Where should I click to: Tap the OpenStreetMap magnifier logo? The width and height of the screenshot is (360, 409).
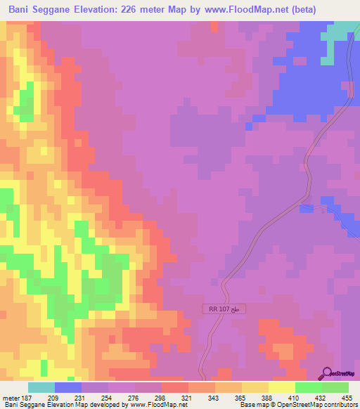(328, 373)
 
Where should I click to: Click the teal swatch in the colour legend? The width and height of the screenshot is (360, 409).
(41, 387)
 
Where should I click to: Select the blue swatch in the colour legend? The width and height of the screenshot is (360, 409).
(68, 387)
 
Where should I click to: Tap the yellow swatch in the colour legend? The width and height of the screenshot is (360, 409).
(282, 387)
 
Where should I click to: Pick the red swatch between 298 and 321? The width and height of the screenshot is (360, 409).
(175, 387)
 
